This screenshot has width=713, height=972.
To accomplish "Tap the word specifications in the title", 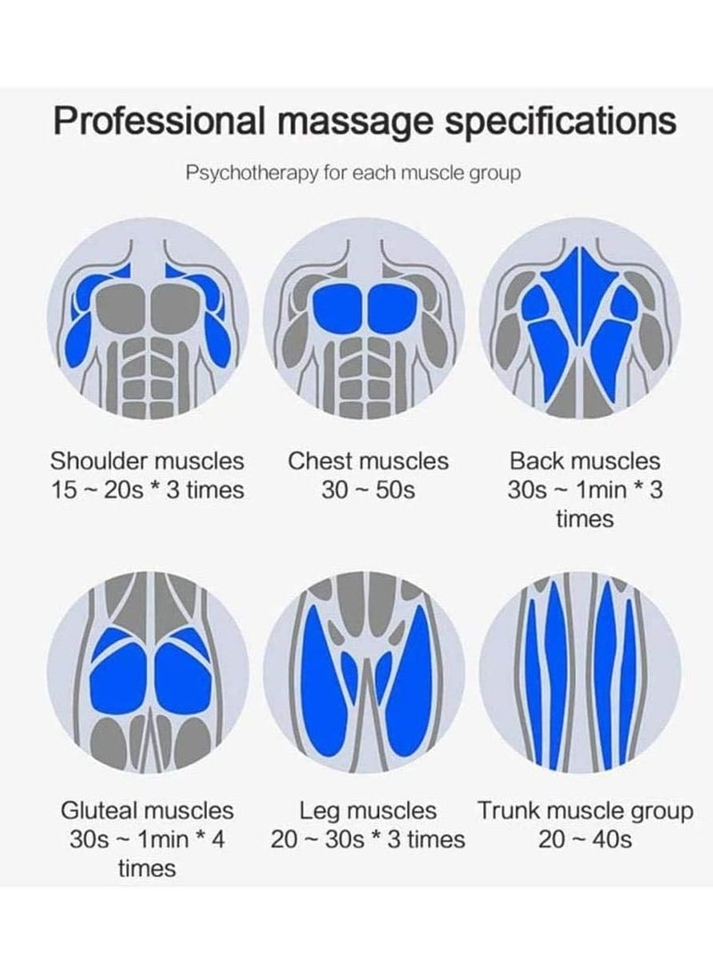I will coord(561,120).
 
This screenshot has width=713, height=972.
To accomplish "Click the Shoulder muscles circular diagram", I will coord(147,320).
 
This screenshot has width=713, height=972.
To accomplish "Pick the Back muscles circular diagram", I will coord(580,320).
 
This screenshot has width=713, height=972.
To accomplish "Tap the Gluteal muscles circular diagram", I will coord(147,673).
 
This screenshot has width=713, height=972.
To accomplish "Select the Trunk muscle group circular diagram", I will coord(580,673).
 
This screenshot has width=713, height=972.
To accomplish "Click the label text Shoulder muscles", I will coord(147,461).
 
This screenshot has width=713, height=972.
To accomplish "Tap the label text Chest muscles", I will coord(368,461).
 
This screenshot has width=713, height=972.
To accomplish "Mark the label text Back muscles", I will coord(585,461).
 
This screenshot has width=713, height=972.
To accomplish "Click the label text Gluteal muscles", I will coord(147,812).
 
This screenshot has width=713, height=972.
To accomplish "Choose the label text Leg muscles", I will coord(368,812).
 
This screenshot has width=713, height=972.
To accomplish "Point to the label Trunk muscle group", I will coord(585,812).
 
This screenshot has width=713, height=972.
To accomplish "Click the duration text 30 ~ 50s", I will coord(368,490).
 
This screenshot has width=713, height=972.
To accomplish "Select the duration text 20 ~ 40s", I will coord(585,839).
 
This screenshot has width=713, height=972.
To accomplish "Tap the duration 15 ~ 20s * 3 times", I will coord(147,490).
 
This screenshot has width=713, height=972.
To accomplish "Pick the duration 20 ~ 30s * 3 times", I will coord(368,839).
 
